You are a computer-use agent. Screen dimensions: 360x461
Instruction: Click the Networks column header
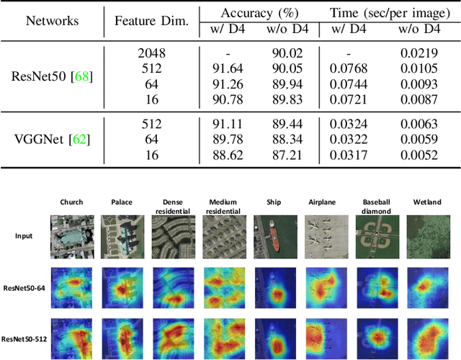(52, 20)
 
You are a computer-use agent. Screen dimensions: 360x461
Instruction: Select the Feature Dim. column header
(151, 20)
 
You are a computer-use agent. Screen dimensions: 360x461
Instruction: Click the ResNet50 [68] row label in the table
(52, 77)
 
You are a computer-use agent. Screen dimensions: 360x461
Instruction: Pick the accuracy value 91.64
(228, 68)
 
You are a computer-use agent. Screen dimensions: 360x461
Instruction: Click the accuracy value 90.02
(285, 53)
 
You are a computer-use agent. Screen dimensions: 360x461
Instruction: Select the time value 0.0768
(349, 68)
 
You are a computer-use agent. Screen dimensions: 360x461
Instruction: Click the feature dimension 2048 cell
(151, 53)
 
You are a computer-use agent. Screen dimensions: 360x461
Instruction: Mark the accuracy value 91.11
(228, 124)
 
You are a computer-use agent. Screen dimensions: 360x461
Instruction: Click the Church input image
(72, 236)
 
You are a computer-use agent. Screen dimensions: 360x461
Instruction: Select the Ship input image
(274, 236)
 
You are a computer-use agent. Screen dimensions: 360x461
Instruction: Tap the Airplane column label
(324, 203)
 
